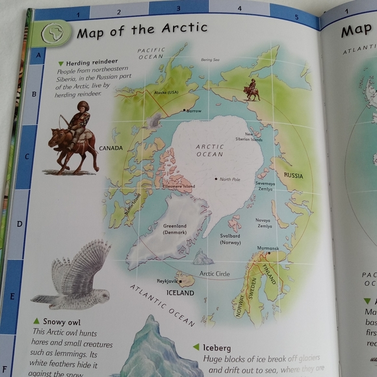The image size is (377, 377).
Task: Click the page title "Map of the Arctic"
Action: click(142, 29)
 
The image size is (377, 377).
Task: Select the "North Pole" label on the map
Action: click(229, 179)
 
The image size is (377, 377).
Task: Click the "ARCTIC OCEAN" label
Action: click(209, 151)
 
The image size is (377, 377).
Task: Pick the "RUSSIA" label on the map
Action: click(292, 175)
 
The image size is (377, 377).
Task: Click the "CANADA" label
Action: click(110, 148)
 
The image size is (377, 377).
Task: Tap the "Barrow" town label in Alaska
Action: click(194, 110)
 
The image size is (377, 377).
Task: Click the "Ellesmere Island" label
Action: click(179, 187)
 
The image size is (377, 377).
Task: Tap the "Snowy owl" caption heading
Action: click(61, 322)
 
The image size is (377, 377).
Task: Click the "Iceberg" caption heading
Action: click(216, 347)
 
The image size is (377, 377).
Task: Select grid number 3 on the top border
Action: click(178, 8)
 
